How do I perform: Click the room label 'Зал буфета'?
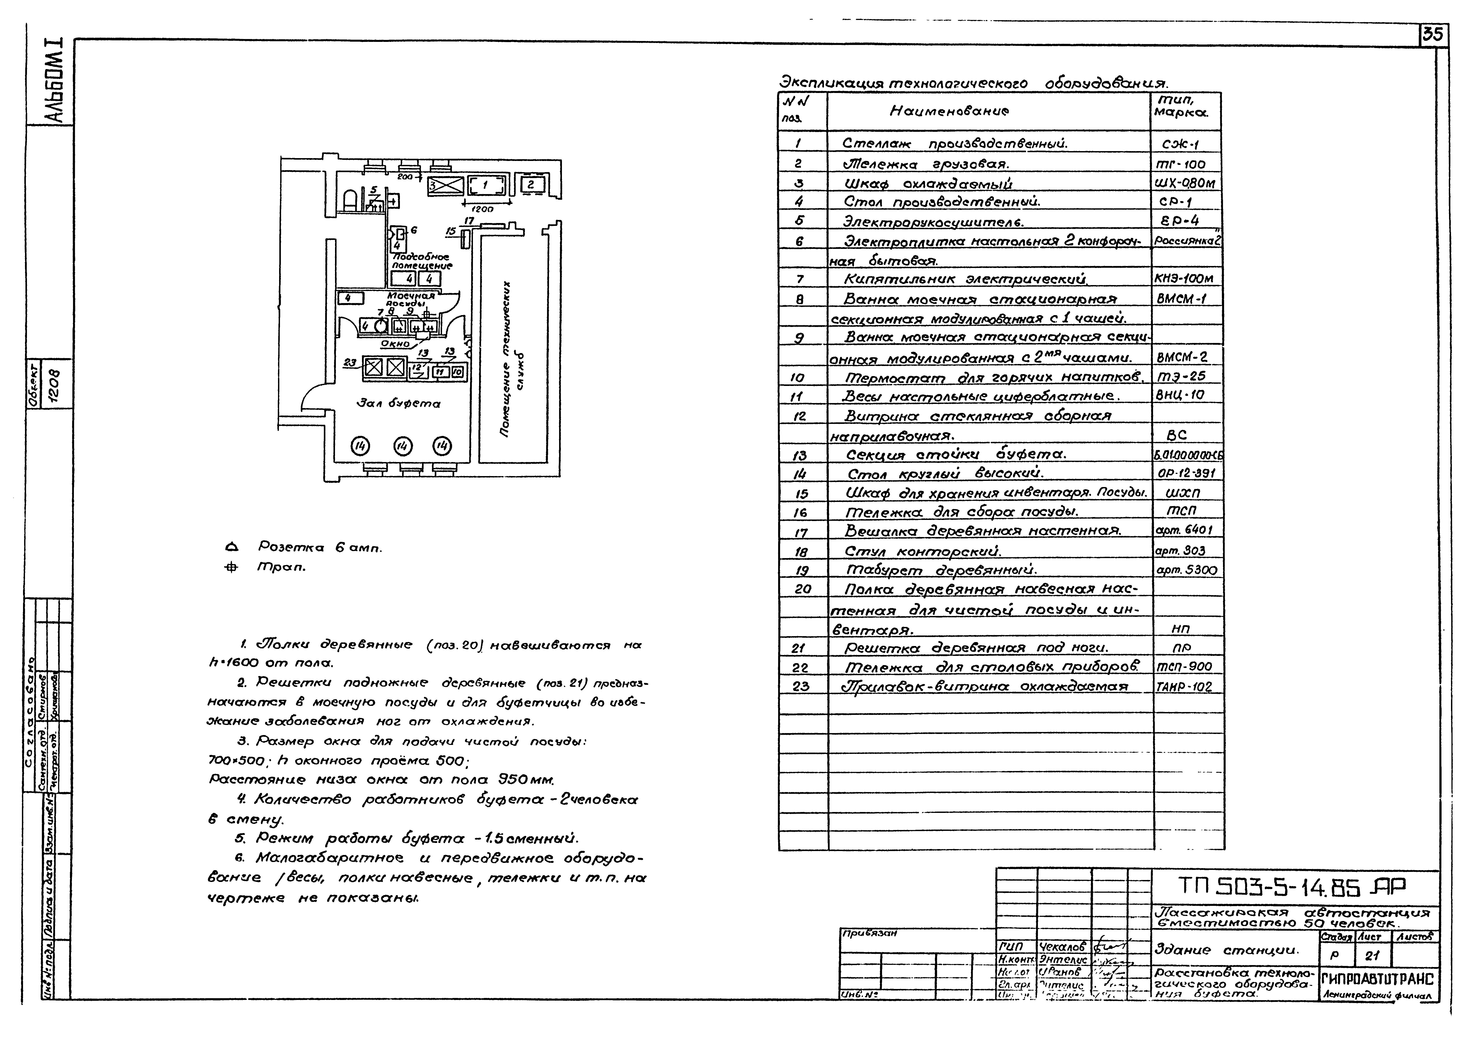398,403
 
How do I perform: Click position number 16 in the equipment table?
800,512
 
